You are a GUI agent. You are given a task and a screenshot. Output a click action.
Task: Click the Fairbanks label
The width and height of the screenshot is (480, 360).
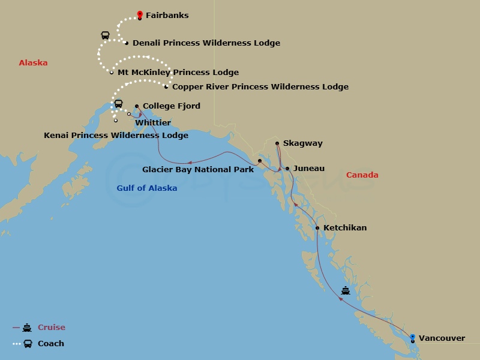pos(167,16)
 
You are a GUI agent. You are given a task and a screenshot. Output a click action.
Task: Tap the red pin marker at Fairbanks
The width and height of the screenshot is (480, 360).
pos(140,14)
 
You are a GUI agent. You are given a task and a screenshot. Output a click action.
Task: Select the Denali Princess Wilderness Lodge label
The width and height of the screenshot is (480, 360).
pos(206,43)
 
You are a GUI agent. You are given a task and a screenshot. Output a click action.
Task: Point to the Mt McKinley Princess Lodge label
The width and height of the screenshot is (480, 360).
pos(178,73)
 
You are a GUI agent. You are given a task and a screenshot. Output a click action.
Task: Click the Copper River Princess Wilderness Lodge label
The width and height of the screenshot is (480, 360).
pos(260,87)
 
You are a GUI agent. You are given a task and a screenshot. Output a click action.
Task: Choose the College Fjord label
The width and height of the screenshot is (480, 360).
pos(171,106)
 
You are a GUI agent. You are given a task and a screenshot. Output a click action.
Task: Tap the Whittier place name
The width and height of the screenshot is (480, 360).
pos(153,122)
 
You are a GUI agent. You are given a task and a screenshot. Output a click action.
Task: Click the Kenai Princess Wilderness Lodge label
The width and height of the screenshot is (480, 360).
pos(116,136)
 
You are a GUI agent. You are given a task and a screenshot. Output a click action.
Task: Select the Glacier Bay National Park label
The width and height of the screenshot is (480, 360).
pos(197,170)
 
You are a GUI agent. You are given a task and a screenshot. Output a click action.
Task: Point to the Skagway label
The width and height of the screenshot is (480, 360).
pos(302,143)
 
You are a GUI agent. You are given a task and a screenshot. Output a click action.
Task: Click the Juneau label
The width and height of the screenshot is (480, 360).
pos(309,169)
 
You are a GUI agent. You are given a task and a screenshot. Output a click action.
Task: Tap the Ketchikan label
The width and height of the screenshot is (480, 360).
pos(344,228)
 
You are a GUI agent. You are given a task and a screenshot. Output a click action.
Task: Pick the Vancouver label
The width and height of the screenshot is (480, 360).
pos(442,338)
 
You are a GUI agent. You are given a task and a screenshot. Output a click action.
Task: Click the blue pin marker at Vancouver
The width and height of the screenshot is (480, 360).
pos(412,338)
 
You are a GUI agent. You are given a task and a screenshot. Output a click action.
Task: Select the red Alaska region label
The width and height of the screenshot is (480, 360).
pos(33,63)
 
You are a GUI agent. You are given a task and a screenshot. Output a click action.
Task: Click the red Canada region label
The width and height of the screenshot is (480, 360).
pos(362,175)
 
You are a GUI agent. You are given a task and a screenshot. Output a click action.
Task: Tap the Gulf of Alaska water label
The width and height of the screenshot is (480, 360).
pos(146,188)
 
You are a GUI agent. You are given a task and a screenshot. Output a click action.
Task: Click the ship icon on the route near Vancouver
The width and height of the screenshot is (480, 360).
pos(346,291)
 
